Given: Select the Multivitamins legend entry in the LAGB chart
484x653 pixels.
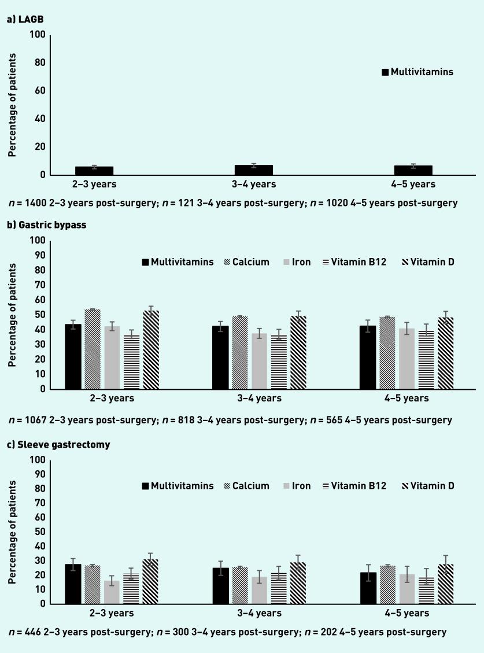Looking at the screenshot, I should pos(417,72).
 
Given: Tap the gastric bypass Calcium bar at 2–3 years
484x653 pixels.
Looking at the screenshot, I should pos(92,349).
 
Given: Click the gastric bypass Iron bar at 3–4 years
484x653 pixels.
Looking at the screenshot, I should pos(259,361).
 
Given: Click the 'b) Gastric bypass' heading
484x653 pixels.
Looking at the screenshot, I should pos(46,225).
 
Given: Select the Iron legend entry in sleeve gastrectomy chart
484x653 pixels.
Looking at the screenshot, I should pos(293,486).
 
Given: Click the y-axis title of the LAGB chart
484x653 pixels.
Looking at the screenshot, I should pos(11,105).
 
